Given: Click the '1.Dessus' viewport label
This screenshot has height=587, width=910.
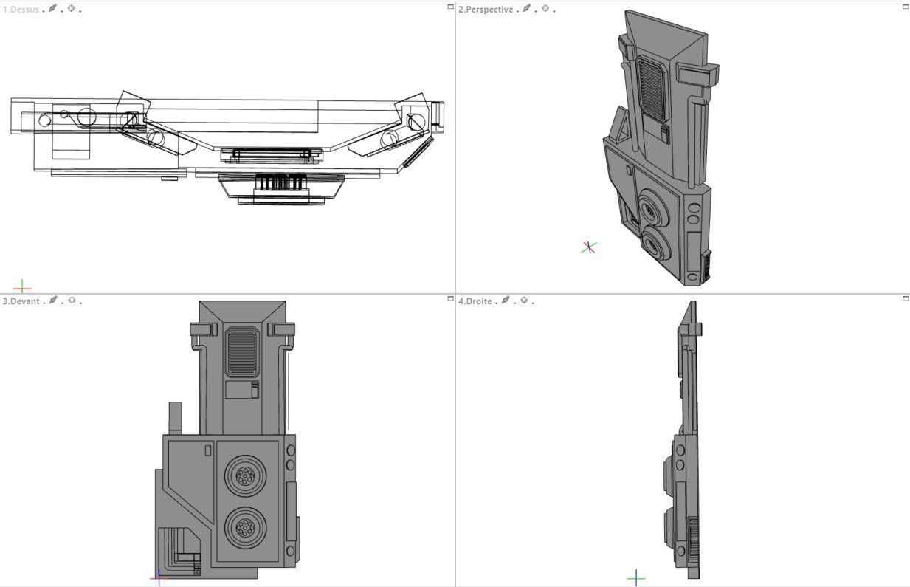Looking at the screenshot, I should (21, 10).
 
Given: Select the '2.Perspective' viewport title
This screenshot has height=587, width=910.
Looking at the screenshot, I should (485, 10).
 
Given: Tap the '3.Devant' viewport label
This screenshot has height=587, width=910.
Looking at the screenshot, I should (21, 301).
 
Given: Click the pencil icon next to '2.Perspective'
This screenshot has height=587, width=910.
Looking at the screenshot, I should (527, 9).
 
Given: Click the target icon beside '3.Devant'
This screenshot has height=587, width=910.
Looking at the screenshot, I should (72, 301).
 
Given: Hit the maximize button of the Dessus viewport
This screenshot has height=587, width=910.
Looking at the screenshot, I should (450, 7).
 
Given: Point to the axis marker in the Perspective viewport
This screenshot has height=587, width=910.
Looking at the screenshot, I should (588, 247).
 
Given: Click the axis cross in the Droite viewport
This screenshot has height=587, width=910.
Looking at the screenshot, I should (635, 577).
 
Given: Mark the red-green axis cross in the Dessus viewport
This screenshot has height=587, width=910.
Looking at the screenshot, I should (22, 286).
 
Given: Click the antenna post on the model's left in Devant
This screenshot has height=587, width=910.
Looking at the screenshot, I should (175, 418).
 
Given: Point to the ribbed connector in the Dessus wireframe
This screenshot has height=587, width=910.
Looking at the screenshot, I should (280, 182).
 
